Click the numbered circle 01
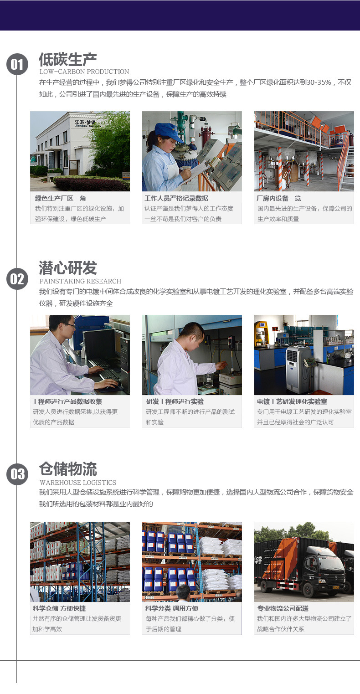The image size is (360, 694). (17, 64)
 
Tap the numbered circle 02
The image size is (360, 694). (17, 279)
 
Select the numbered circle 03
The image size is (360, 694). (17, 474)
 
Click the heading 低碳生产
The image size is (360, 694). (68, 60)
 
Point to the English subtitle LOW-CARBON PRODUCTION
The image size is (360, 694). (84, 72)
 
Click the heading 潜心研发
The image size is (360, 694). (68, 268)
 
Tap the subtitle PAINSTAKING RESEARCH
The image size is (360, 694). (80, 281)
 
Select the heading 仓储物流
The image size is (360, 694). (68, 469)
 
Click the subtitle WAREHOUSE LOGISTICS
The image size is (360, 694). (78, 483)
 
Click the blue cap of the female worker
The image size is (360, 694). (169, 132)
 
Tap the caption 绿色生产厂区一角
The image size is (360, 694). (61, 198)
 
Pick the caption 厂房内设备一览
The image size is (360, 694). (279, 198)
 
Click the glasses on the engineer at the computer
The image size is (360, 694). (71, 325)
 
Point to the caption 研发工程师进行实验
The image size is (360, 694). (175, 401)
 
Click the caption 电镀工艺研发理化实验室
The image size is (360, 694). (292, 401)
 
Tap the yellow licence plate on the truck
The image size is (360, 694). (336, 587)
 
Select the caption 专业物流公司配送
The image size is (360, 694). (283, 608)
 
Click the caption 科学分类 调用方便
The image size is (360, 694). (172, 608)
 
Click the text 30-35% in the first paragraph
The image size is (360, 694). (319, 82)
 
